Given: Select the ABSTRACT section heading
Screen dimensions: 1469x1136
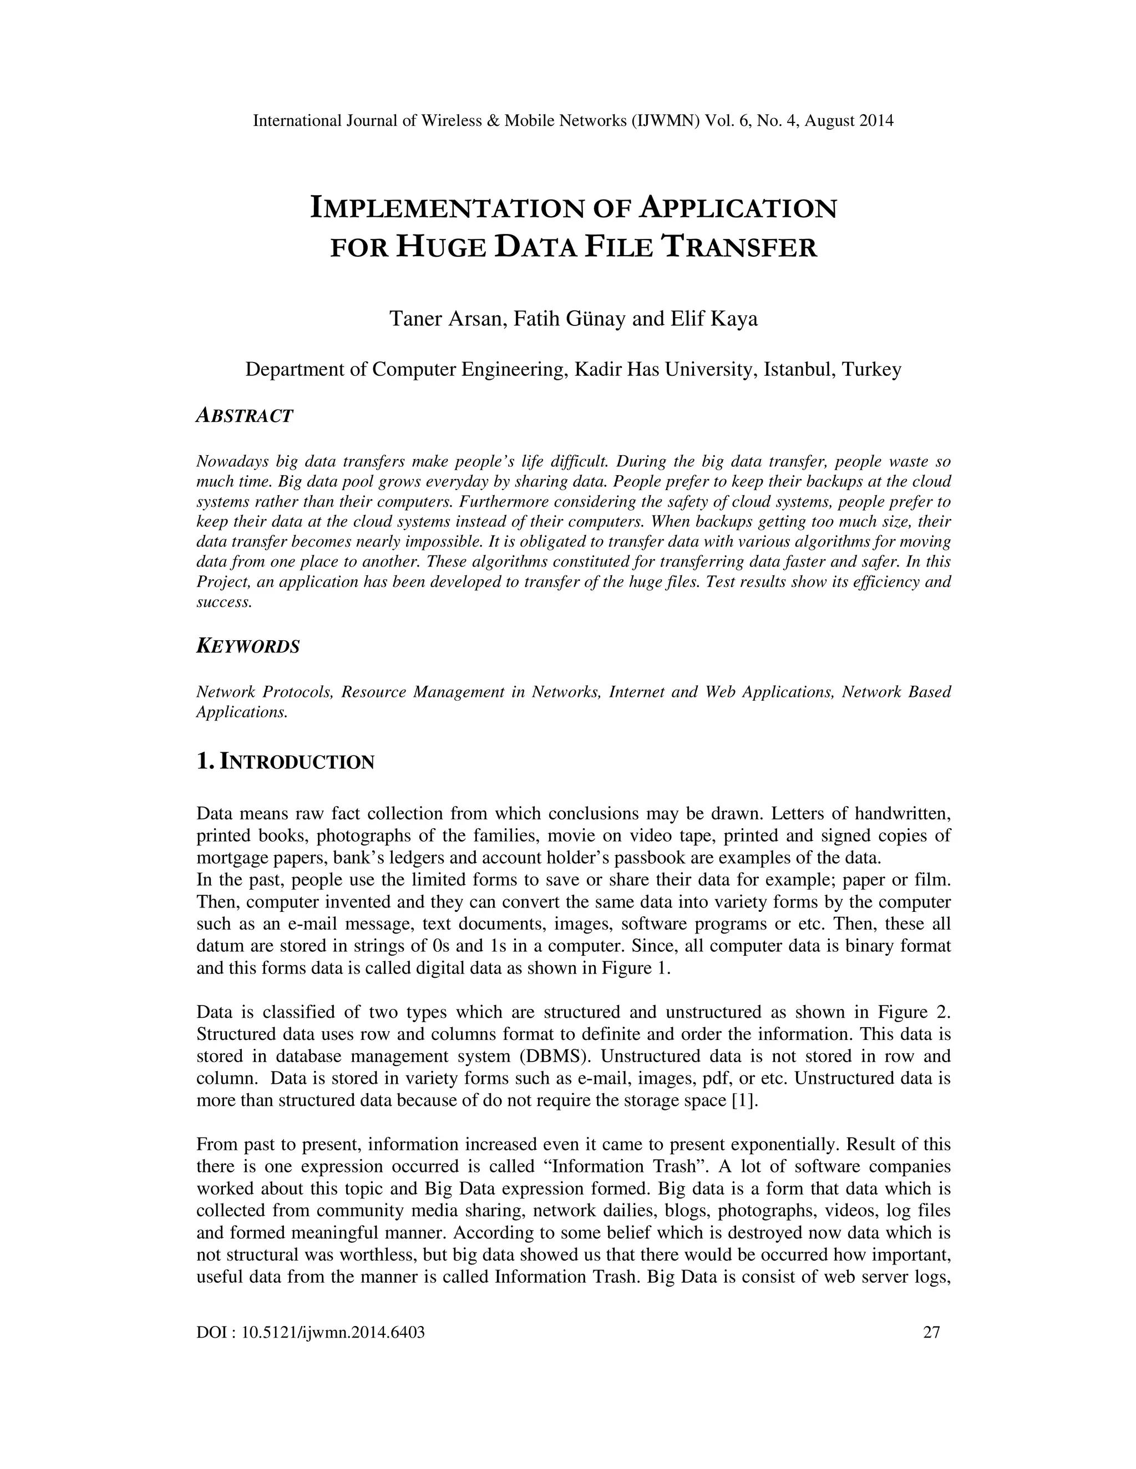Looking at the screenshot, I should coord(244,416).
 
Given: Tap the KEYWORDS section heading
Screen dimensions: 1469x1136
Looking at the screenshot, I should coord(247,646).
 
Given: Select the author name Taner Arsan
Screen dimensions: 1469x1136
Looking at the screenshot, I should coord(447,318).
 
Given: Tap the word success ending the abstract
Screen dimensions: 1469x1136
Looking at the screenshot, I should coord(224,602).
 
